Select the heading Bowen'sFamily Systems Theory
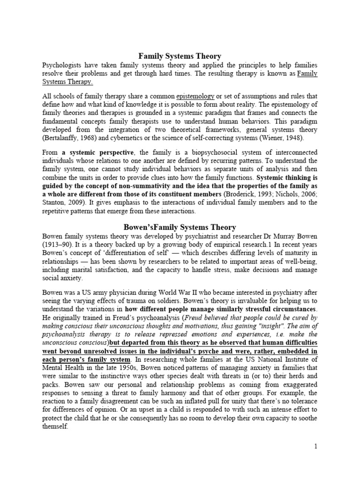(x=176, y=227)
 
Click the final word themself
(x=55, y=427)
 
